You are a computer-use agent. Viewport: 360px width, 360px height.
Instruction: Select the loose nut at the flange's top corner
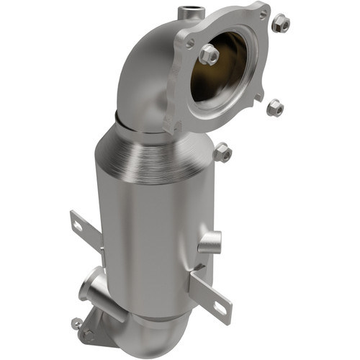tap(281, 23)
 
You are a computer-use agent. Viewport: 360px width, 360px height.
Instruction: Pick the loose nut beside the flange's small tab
tap(274, 108)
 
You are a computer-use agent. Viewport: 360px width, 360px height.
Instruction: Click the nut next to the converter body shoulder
tap(222, 152)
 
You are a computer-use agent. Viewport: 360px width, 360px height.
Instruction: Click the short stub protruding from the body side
tap(208, 243)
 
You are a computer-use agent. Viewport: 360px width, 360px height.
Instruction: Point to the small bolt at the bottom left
tap(76, 322)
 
